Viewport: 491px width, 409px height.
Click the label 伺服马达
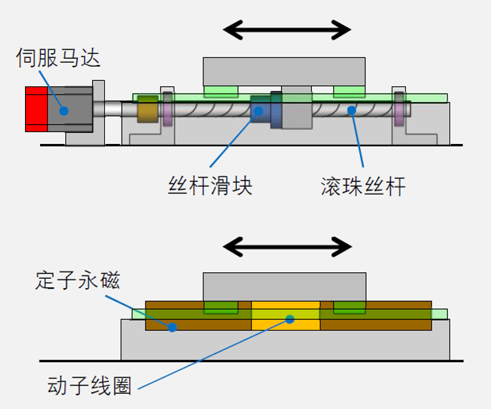tap(58, 58)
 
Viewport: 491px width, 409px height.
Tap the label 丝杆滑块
tap(210, 185)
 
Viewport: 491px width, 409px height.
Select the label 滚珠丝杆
tap(363, 187)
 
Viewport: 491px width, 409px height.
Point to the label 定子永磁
tap(78, 279)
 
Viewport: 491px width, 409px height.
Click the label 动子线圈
tap(90, 385)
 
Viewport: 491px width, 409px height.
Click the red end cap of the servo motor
tap(36, 109)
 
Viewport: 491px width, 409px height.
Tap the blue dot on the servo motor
tap(64, 110)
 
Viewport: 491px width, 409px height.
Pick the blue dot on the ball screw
tap(351, 110)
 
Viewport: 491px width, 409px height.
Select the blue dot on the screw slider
tap(259, 110)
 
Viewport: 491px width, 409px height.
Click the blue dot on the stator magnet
tap(172, 327)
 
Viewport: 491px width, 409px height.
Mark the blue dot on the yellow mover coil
tap(290, 319)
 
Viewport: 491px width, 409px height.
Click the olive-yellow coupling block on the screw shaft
tap(147, 109)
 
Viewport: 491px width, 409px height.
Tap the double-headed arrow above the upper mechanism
tap(287, 30)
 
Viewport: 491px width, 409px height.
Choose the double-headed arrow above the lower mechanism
tap(287, 247)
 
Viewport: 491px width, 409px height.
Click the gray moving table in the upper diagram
tap(284, 72)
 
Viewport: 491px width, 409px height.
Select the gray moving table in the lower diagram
tap(284, 287)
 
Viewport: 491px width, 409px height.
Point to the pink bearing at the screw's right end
tap(399, 108)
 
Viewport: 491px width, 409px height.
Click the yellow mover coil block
tap(286, 316)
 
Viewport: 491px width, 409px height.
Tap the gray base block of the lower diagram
tap(285, 344)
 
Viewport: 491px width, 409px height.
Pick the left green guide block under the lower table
tap(220, 308)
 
